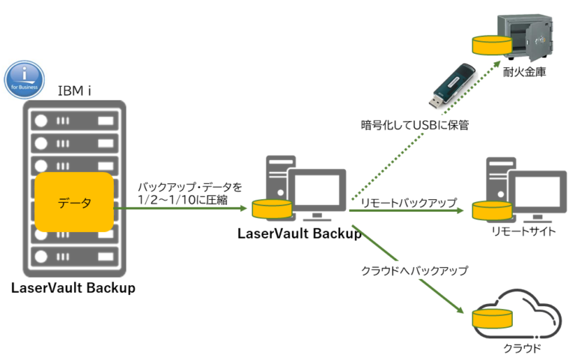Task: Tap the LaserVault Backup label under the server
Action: coord(73,288)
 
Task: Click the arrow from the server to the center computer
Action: coord(187,210)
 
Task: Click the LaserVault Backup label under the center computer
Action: coord(299,233)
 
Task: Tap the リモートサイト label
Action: coord(523,231)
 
